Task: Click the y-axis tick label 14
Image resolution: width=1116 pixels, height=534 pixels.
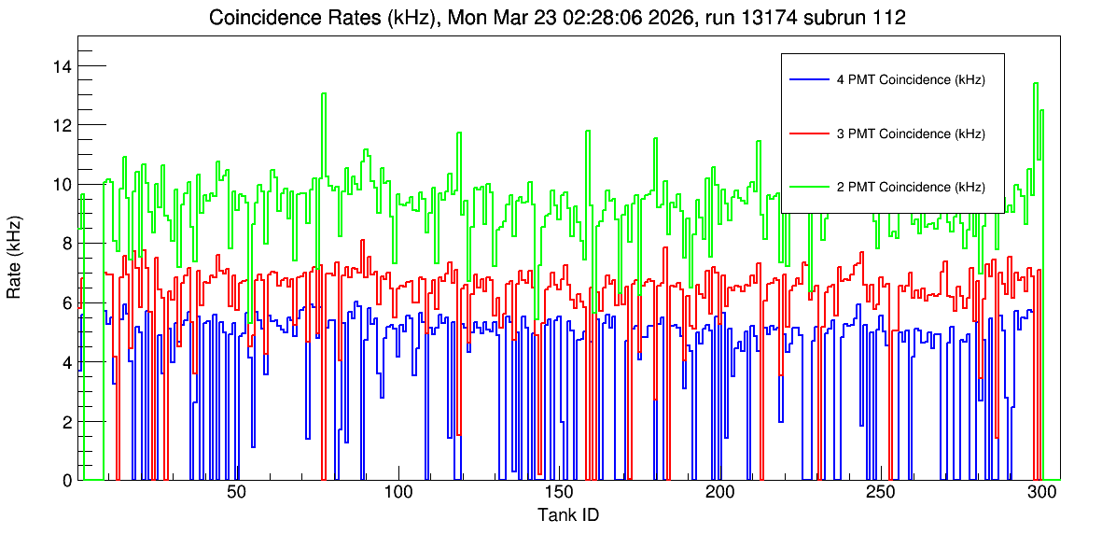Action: coord(63,66)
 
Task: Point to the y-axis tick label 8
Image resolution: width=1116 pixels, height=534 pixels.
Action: coord(67,244)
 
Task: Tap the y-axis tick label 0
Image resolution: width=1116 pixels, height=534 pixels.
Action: coord(67,481)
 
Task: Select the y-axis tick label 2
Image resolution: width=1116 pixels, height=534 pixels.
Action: coord(67,421)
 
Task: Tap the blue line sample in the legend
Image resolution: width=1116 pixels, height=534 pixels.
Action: coord(808,79)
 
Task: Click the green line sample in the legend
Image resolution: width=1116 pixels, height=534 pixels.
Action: coord(808,187)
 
